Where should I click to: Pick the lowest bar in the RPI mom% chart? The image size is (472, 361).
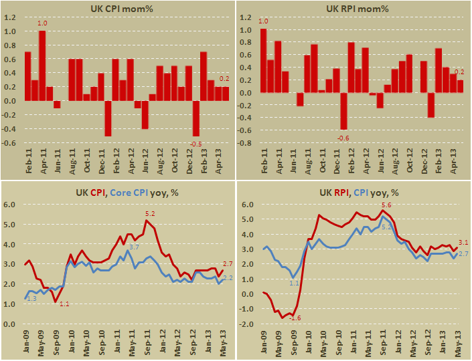click(343, 111)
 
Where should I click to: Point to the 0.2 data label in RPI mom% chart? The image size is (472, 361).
click(460, 72)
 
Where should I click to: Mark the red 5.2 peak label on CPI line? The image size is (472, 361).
click(150, 214)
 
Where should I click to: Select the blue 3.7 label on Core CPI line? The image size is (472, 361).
click(133, 247)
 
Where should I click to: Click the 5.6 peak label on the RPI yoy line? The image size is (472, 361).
click(386, 205)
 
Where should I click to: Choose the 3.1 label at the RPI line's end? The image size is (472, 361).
click(463, 243)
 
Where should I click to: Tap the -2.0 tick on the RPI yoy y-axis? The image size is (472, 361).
click(246, 324)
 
